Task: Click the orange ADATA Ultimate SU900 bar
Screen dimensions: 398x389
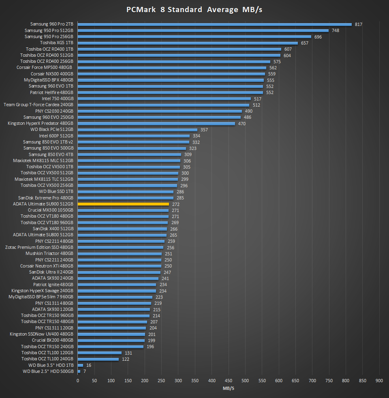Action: coord(123,204)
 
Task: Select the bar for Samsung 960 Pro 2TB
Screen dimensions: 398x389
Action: coord(214,24)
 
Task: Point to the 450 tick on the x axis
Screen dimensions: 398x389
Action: coord(229,381)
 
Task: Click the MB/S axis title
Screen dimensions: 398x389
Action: coord(229,388)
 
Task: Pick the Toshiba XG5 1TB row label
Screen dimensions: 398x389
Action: coord(56,43)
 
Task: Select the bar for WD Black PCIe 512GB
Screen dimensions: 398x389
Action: coord(137,130)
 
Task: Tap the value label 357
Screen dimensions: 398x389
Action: coord(204,130)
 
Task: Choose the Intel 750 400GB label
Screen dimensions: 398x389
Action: coord(58,98)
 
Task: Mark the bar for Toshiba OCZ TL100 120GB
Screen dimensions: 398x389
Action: coord(99,353)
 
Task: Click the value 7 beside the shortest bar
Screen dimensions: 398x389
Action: coord(85,371)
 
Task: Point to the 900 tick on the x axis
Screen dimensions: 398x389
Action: coord(379,381)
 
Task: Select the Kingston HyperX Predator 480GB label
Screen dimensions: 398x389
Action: coord(41,123)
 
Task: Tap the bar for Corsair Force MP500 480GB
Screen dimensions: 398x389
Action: coord(172,68)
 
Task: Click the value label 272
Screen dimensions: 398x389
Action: coord(176,204)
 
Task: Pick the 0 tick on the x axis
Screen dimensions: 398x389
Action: coord(78,381)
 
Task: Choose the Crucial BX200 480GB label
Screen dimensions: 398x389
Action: coord(53,340)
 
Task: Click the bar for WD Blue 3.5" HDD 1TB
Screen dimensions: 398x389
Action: coord(80,365)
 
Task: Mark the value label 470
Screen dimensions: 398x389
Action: coord(242,124)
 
